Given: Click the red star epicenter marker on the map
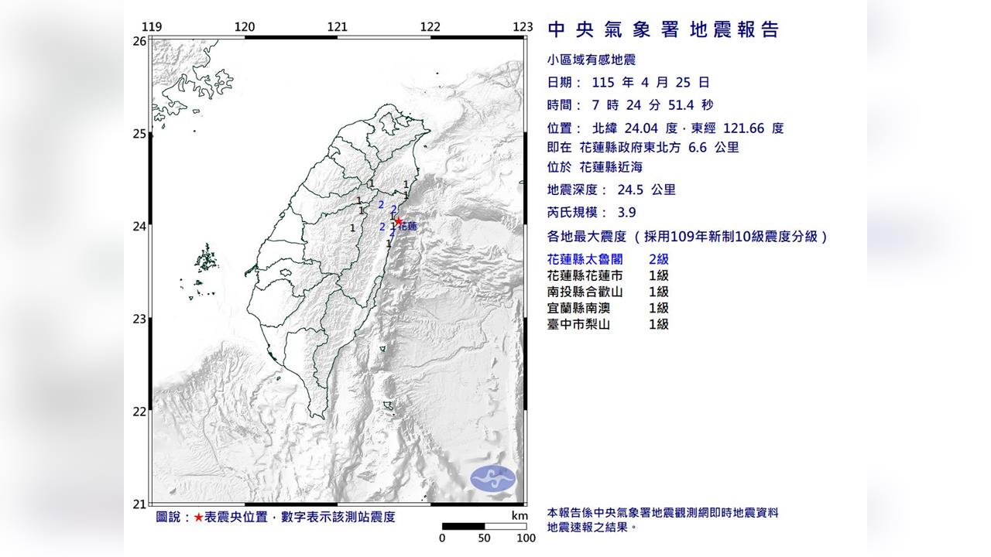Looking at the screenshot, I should pos(399,220).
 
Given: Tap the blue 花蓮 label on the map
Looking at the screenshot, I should pos(408,227).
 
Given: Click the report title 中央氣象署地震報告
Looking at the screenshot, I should pos(663,30).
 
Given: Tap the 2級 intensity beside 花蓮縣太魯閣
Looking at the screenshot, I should pos(658,259).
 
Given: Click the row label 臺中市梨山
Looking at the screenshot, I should pos(578,324).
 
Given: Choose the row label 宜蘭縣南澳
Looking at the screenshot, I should pos(578,308).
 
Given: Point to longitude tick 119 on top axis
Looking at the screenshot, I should pos(153,27).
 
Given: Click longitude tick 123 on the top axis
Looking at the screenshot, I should pos(523,27).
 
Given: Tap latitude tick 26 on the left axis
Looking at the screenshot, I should pos(139,41).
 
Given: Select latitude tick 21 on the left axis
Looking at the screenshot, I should pos(139,504).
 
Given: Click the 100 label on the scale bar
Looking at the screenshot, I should pos(526,538).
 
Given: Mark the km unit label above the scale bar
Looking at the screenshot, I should pos(520,516).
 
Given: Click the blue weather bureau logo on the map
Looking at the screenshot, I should pos(492,478).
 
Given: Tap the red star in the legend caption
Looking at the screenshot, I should pos(199,517).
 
